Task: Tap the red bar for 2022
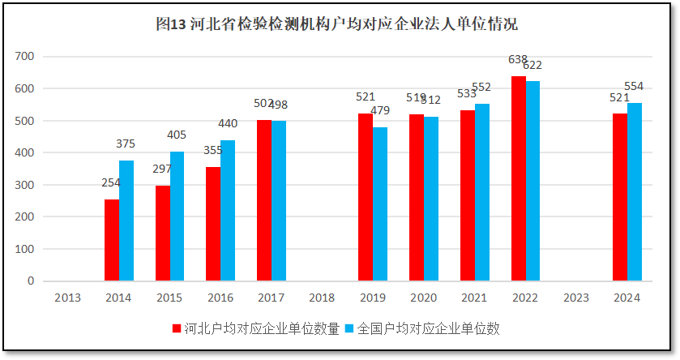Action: (519, 178)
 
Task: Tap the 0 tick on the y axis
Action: (31, 281)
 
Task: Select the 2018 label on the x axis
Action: (322, 298)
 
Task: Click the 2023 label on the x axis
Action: (575, 298)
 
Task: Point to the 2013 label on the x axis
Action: (67, 298)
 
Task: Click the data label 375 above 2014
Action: (126, 144)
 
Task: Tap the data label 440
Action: (228, 124)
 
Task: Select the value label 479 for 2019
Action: (380, 111)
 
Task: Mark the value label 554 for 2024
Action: (634, 87)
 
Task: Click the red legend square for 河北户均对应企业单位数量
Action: (176, 329)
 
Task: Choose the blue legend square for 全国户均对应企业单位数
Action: (350, 329)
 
